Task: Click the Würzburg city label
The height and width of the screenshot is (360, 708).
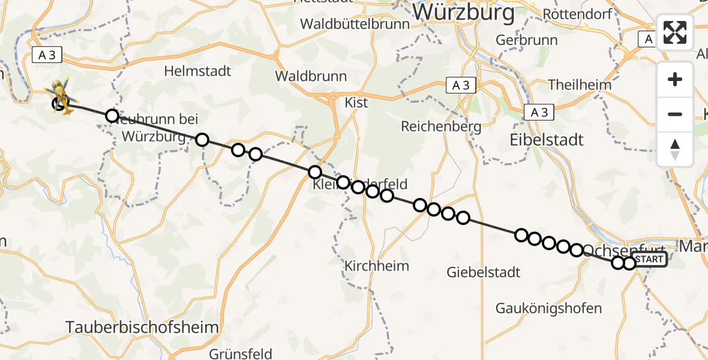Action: pyautogui.click(x=464, y=12)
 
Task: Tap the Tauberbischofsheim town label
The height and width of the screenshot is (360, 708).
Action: pyautogui.click(x=142, y=327)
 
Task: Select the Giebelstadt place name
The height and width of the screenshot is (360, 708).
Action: pyautogui.click(x=483, y=272)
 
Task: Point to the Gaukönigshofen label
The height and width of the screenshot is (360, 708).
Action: pyautogui.click(x=548, y=308)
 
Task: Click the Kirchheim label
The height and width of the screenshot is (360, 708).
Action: pyautogui.click(x=377, y=266)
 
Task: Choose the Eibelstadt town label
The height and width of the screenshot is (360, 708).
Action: pyautogui.click(x=546, y=140)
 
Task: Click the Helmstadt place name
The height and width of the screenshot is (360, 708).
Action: pyautogui.click(x=197, y=71)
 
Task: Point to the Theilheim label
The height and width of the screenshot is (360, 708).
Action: pyautogui.click(x=580, y=85)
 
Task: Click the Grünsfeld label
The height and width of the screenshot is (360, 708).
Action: pyautogui.click(x=241, y=353)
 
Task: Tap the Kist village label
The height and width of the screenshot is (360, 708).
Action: pyautogui.click(x=356, y=103)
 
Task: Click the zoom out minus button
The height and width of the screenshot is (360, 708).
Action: pyautogui.click(x=675, y=114)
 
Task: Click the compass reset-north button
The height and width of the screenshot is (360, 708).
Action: pyautogui.click(x=675, y=149)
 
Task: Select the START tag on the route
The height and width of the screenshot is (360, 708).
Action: pyautogui.click(x=649, y=259)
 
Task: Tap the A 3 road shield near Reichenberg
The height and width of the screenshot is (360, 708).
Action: pyautogui.click(x=461, y=86)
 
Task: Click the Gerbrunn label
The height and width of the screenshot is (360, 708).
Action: pyautogui.click(x=527, y=40)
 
